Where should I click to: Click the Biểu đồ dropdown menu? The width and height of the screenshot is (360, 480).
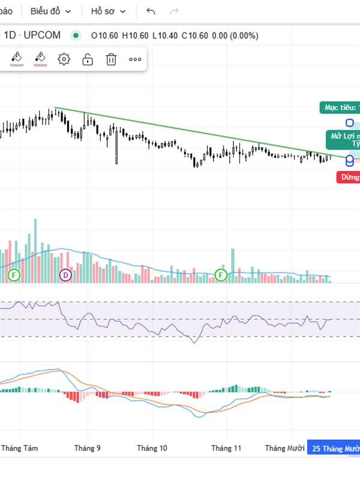(x=50, y=11)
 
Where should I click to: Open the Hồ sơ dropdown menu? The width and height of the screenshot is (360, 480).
(x=108, y=11)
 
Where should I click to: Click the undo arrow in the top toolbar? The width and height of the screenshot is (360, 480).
(x=151, y=11)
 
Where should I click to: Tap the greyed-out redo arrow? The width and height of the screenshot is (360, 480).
(x=175, y=11)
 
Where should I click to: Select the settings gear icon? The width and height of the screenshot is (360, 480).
(x=64, y=59)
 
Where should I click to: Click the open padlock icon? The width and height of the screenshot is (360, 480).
(x=88, y=59)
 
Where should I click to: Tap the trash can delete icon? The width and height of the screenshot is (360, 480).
(x=111, y=59)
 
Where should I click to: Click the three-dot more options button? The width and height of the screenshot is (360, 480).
(x=135, y=59)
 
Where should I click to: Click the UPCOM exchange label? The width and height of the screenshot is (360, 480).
(x=41, y=35)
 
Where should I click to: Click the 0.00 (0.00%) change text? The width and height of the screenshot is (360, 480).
(x=235, y=35)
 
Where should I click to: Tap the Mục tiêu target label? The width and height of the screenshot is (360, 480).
(x=340, y=108)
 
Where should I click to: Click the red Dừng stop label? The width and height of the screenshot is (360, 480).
(x=349, y=177)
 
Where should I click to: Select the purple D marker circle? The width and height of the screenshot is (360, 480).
(x=65, y=275)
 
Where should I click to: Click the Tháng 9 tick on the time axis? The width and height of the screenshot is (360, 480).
(x=88, y=448)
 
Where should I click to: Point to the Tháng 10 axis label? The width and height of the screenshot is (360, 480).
(x=152, y=448)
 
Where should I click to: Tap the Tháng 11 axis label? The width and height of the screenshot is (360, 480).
(x=226, y=448)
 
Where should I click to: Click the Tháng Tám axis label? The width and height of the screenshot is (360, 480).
(x=19, y=448)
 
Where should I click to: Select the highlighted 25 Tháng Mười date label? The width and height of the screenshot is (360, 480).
(x=334, y=448)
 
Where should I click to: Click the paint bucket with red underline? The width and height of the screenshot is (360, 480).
(x=40, y=58)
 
